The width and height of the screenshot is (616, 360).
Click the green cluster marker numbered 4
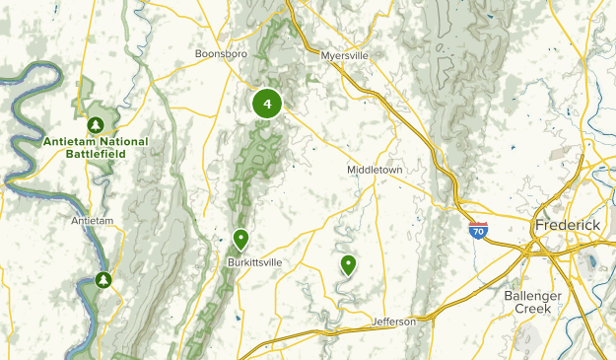[x=267, y=104]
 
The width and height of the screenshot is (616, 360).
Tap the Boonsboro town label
[x=220, y=54]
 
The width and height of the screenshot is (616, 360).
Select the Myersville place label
[x=344, y=56]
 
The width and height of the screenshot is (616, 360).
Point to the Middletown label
[x=375, y=170]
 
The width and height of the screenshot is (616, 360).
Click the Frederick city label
[x=567, y=225]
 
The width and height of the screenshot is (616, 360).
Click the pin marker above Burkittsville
[x=240, y=239]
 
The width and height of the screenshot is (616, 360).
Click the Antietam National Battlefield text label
[x=96, y=148]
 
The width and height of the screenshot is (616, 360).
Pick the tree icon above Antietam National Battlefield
[x=96, y=125]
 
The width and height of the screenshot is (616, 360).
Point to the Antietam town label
[x=94, y=220]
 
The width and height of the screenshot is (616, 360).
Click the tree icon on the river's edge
[x=103, y=281]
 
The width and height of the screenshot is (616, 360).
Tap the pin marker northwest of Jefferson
[x=348, y=264]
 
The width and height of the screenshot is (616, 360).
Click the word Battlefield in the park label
[x=96, y=155]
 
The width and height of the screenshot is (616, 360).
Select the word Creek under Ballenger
[x=532, y=309]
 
